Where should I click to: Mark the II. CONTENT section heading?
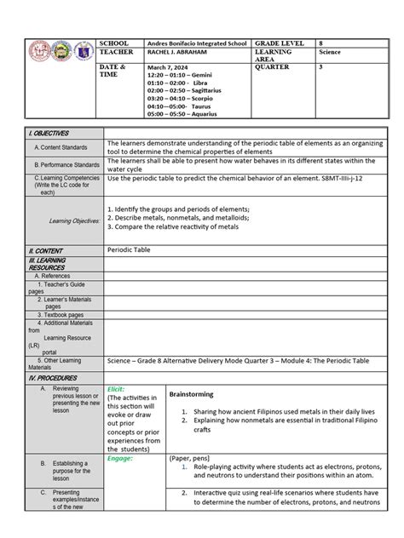point(46,250)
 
